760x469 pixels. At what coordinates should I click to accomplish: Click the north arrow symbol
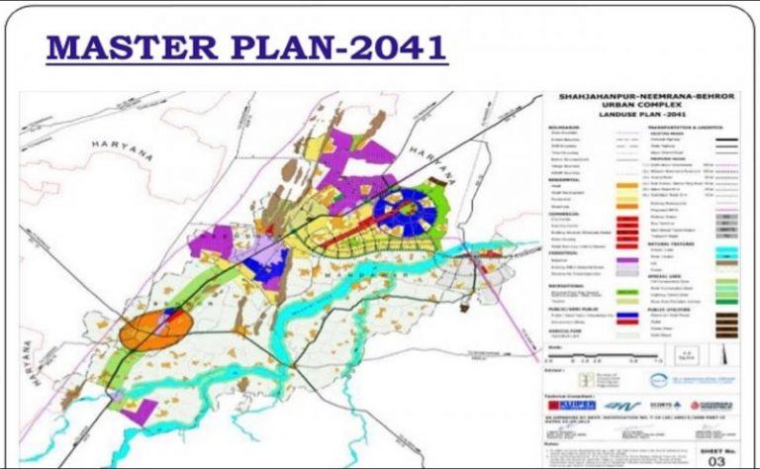pos(729,355)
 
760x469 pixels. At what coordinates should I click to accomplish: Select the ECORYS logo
pos(661,406)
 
